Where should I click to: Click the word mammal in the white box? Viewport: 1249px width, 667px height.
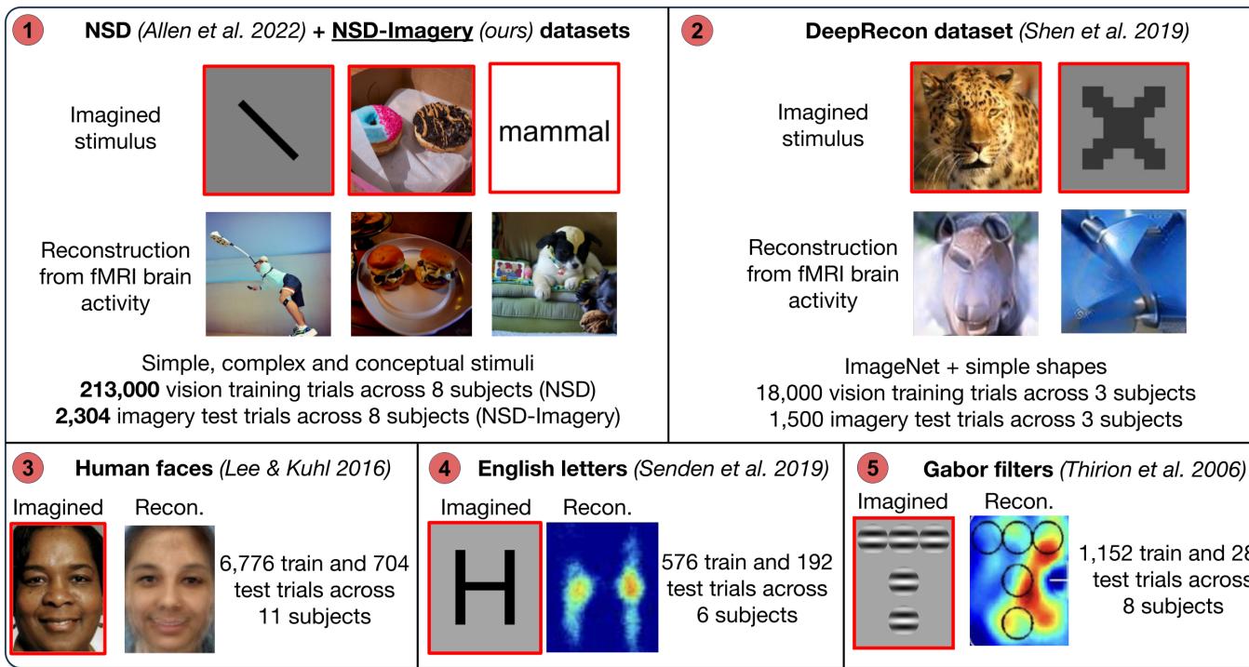pyautogui.click(x=555, y=130)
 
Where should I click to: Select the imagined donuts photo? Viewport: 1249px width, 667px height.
pyautogui.click(x=411, y=129)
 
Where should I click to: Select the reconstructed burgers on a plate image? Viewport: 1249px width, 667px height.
pyautogui.click(x=411, y=273)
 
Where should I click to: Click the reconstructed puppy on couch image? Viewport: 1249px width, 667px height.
pyautogui.click(x=555, y=273)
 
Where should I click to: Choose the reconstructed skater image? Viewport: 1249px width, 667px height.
pyautogui.click(x=268, y=273)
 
